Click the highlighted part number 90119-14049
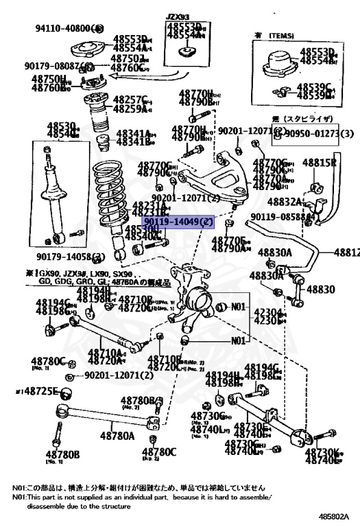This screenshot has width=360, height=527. pyautogui.click(x=179, y=222)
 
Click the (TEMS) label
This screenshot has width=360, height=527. pyautogui.click(x=280, y=35)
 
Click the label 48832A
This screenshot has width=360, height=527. pyautogui.click(x=285, y=202)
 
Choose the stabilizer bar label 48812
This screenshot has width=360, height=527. pyautogui.click(x=346, y=253)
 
